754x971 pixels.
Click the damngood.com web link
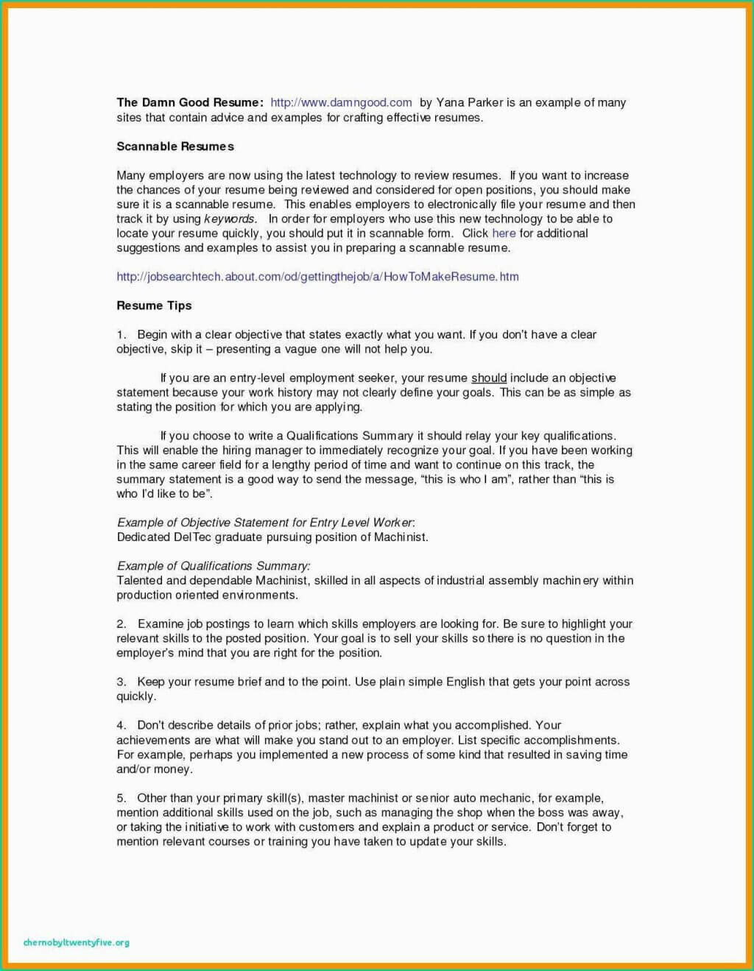[x=341, y=102]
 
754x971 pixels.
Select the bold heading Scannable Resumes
[x=175, y=146]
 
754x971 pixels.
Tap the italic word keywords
[x=230, y=219]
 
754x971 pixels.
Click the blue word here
[x=504, y=233]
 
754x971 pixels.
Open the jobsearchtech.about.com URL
[x=317, y=277]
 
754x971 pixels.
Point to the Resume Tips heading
[x=154, y=306]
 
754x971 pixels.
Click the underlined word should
[x=489, y=378]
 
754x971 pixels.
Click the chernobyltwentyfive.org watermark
[x=76, y=942]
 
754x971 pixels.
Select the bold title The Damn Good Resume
[x=189, y=102]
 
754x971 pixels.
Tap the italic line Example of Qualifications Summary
[x=214, y=566]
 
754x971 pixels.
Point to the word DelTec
[x=192, y=537]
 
